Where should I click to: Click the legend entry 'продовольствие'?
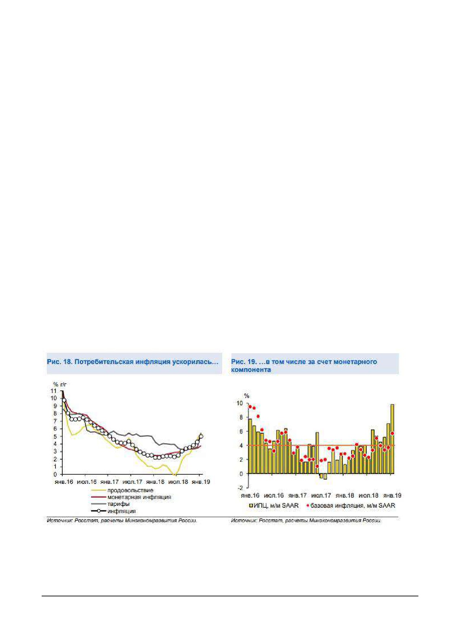coord(122,490)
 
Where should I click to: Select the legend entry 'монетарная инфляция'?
coord(131,497)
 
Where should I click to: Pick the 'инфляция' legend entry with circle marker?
coord(113,511)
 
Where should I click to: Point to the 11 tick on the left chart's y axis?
coord(54,391)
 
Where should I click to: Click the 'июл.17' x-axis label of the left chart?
coord(132,482)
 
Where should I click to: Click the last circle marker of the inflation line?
coord(201,436)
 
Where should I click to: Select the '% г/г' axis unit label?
coord(60,384)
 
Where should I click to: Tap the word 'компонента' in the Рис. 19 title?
coord(251,369)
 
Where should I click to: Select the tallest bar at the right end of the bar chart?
coord(392,439)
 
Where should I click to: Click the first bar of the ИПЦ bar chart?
coord(250,446)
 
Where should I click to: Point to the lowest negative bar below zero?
coord(325,476)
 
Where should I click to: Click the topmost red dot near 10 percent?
coord(250,407)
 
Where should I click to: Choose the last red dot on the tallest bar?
coord(392,433)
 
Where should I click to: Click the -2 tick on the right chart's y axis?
coord(240,488)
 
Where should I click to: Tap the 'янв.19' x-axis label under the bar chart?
coord(392,495)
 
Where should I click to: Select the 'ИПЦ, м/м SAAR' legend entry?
coord(274,505)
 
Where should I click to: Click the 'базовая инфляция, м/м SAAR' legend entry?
coord(351,505)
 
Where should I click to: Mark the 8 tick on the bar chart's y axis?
coord(241,417)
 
